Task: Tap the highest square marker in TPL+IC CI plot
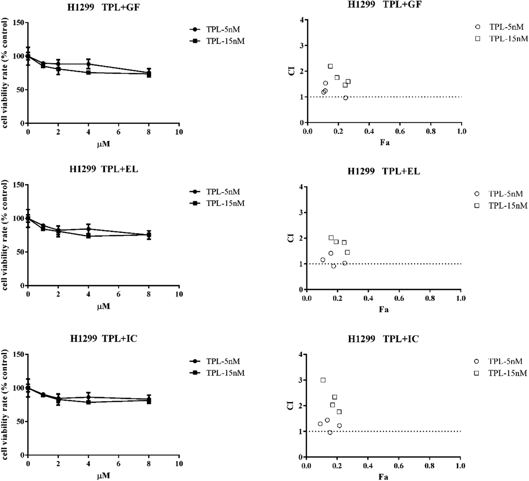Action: [323, 380]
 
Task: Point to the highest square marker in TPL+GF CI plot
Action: [330, 66]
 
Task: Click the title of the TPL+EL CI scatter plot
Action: [383, 172]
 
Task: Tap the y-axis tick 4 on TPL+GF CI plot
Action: [301, 20]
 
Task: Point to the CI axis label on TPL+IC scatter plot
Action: [291, 406]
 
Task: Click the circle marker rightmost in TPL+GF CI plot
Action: [345, 98]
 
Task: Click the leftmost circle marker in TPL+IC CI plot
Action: [320, 424]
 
